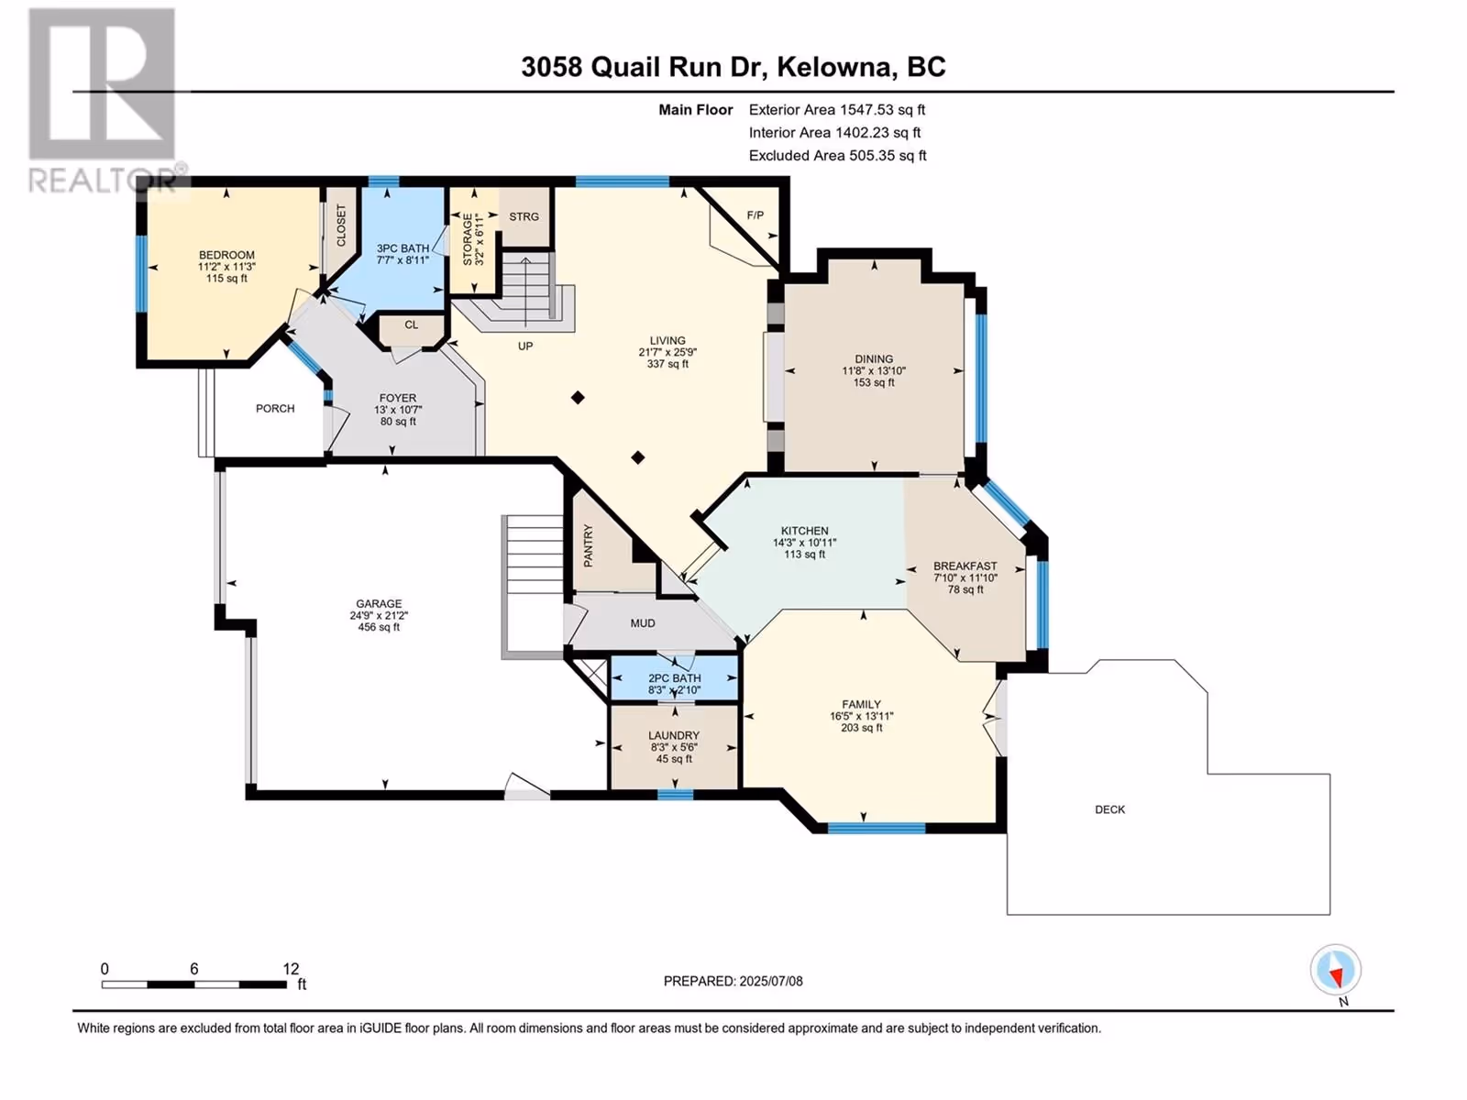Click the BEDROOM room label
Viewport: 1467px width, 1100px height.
[226, 255]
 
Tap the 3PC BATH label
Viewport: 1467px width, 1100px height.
[403, 248]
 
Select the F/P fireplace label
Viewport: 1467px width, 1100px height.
[756, 215]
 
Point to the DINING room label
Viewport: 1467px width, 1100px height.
[874, 358]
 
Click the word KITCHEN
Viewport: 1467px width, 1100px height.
[805, 531]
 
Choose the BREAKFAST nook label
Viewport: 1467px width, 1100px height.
[965, 566]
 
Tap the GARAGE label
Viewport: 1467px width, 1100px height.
[379, 604]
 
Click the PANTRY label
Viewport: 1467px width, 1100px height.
[588, 546]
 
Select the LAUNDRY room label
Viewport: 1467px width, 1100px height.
[674, 735]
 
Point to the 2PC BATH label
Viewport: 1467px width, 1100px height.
[674, 678]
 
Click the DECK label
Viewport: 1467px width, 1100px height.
[1110, 809]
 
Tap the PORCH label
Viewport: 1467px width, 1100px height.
[275, 409]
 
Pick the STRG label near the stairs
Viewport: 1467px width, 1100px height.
[524, 216]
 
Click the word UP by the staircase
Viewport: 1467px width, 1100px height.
[525, 346]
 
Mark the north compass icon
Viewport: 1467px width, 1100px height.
[1335, 970]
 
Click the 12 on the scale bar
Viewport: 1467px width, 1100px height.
[291, 969]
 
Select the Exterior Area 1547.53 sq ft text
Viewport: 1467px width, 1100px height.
[837, 109]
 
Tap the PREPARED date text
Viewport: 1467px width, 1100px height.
[733, 981]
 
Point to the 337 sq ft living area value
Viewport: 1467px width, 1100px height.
[667, 364]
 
